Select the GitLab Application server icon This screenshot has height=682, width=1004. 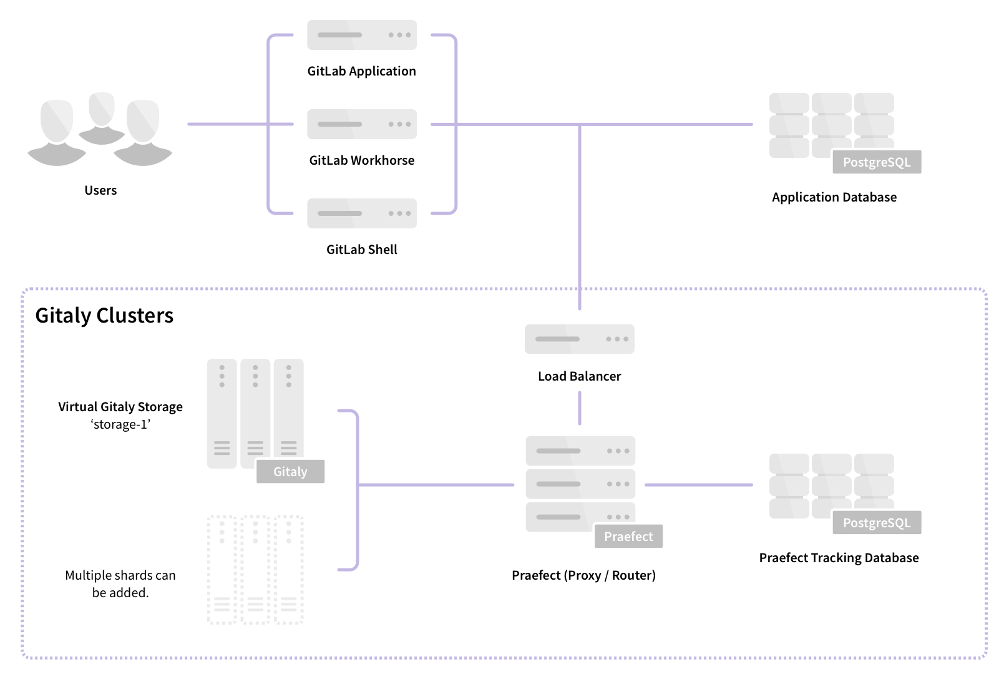(361, 35)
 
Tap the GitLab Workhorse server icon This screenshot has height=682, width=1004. (361, 124)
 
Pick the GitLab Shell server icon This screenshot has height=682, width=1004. (361, 213)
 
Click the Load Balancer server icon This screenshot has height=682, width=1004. (579, 339)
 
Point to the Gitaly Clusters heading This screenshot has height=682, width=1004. (104, 316)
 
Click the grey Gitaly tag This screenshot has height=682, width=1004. (290, 472)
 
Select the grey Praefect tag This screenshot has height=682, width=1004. (628, 537)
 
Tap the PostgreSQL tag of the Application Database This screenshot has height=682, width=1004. (877, 162)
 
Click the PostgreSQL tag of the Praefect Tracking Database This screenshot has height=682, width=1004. (877, 523)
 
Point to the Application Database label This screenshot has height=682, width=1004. (834, 197)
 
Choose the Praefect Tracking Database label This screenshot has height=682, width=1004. (839, 558)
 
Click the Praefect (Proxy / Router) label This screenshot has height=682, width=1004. (583, 575)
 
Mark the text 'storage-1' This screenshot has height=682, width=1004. (120, 425)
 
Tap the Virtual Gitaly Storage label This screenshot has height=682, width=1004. (120, 407)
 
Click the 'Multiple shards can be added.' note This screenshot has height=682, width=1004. (120, 584)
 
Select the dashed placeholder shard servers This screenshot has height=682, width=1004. (255, 570)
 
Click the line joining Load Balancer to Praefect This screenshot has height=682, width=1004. (580, 408)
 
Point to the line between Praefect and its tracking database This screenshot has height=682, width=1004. (699, 485)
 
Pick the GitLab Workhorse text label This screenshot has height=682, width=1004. (361, 160)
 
